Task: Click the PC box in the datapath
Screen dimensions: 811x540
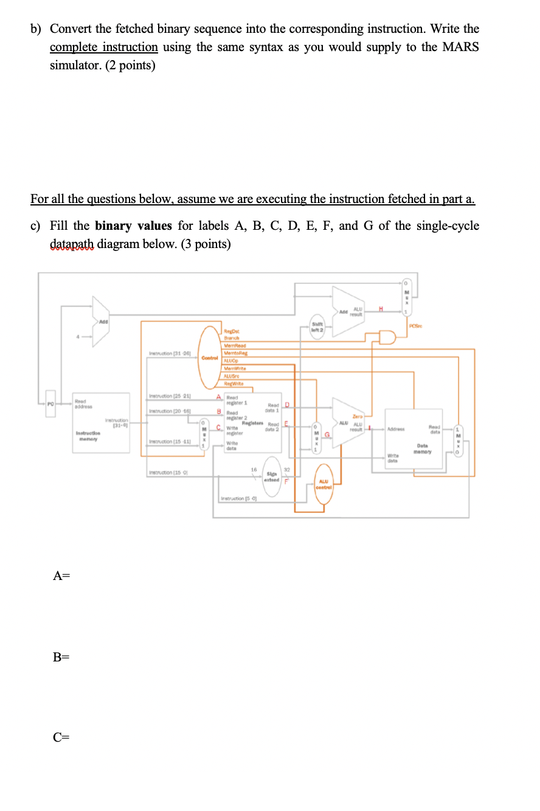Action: point(52,403)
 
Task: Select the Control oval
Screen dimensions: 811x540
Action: point(210,357)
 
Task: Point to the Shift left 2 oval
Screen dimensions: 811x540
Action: point(317,326)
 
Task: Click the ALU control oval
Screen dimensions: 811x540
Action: point(324,486)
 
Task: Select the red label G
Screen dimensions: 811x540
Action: point(327,435)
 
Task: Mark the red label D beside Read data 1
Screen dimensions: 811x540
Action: point(287,405)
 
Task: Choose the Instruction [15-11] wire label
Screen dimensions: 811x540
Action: point(167,441)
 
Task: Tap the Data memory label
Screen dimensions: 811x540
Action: point(423,448)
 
